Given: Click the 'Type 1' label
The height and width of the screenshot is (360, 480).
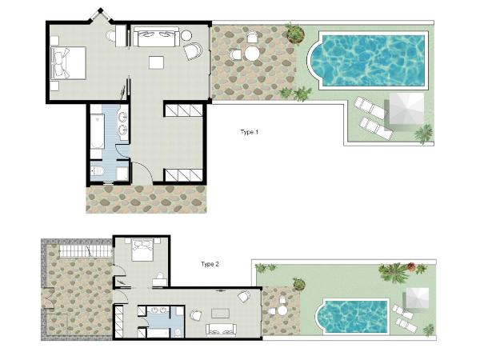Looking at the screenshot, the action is click(249, 132).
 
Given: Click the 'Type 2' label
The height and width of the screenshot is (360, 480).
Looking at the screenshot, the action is click(210, 264).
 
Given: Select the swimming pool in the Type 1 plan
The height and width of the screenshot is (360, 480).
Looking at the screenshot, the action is click(368, 60).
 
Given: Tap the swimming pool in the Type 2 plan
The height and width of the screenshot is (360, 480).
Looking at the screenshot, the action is click(352, 317).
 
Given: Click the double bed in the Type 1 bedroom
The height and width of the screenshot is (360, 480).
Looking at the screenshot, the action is click(68, 63).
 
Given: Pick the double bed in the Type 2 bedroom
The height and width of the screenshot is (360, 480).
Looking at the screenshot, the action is click(142, 250).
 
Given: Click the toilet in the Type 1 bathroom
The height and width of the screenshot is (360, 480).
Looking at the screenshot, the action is click(98, 171).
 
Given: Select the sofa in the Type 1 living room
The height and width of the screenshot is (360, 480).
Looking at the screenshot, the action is click(156, 36).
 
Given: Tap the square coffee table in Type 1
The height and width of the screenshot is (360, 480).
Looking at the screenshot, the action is click(157, 62).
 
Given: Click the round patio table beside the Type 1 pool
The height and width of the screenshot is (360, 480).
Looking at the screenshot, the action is click(252, 54).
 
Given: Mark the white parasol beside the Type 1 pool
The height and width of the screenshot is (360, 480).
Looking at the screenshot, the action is click(406, 108).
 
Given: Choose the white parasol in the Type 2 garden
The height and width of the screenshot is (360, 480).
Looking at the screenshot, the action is click(418, 299).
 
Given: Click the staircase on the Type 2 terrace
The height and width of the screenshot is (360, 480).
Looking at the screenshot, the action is click(86, 250).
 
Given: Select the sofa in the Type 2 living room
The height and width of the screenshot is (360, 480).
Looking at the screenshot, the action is click(221, 330).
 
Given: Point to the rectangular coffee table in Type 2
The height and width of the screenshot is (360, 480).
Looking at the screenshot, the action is click(221, 314).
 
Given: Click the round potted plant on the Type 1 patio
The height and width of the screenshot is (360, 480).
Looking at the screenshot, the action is click(295, 33).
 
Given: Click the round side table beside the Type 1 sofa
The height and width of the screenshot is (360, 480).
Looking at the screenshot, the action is click(186, 35).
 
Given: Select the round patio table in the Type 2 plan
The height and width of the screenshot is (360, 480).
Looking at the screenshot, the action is click(282, 310).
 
